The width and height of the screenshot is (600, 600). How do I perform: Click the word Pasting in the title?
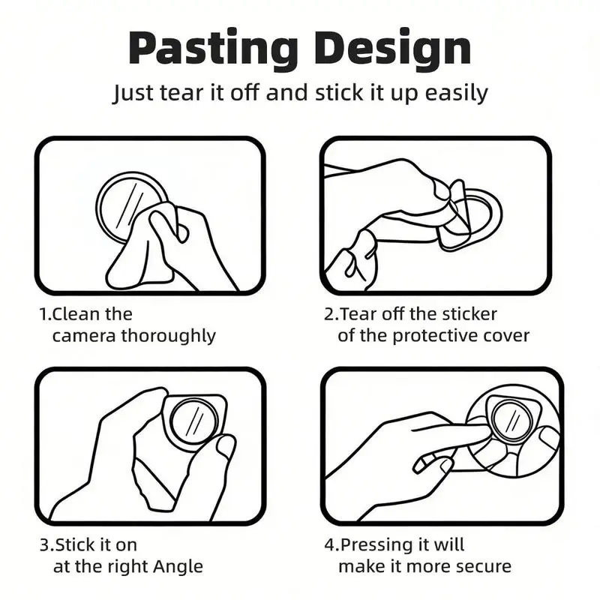click(214, 49)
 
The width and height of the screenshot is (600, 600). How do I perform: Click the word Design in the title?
click(392, 49)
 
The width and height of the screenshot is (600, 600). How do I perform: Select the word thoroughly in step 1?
click(168, 336)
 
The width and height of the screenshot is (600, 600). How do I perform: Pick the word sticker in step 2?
click(469, 314)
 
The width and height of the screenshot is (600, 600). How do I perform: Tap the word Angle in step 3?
click(178, 567)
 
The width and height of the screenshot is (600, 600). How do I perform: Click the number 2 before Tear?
click(329, 314)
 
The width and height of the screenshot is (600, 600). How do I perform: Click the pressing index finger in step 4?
click(451, 430)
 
